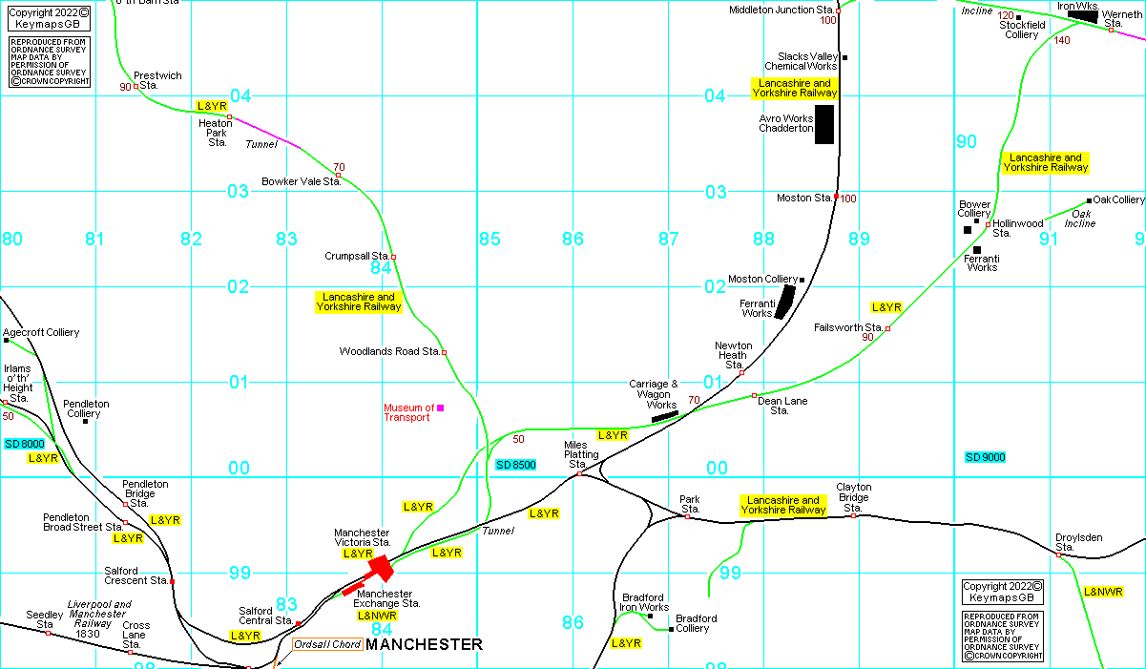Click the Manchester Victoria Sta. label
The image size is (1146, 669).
(361, 537)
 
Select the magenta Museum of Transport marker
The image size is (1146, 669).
(440, 408)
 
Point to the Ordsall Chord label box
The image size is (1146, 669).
(327, 644)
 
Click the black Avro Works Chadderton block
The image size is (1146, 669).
(824, 124)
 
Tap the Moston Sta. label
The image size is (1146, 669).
(803, 199)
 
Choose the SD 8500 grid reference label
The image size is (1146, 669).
(516, 465)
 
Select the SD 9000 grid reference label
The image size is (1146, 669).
(986, 457)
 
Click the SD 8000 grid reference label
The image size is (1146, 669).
(24, 444)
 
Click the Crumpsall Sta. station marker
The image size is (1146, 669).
(393, 257)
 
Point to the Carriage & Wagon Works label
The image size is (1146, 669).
(654, 394)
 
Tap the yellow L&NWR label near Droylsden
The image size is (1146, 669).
(1102, 592)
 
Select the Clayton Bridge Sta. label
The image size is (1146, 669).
(854, 497)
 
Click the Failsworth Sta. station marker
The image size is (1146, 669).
(887, 328)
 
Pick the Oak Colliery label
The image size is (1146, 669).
(1118, 199)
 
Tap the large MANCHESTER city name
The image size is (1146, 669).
(424, 645)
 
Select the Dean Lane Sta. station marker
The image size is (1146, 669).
(754, 395)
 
